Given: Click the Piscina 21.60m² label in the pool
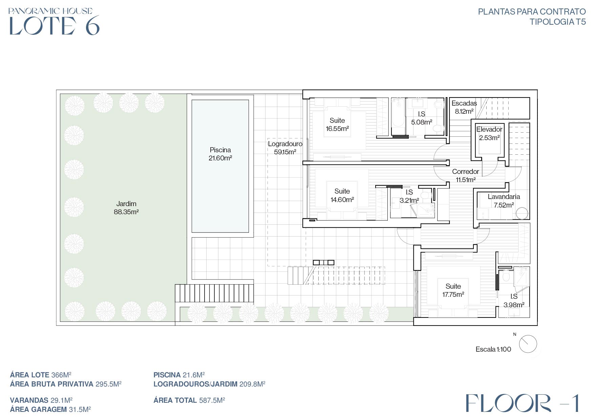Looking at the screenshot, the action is click(x=220, y=154).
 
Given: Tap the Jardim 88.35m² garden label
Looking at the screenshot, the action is click(x=126, y=208).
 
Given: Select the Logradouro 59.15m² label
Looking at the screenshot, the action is click(x=285, y=148).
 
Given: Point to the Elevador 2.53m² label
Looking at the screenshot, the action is click(x=489, y=133).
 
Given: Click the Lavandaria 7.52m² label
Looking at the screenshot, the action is click(x=504, y=201).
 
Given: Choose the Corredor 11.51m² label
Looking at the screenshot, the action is click(x=466, y=176).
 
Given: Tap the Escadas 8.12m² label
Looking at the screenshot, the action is click(x=464, y=107).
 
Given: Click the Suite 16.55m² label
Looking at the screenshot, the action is click(x=337, y=125).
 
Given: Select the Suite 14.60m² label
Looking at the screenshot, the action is click(x=342, y=195).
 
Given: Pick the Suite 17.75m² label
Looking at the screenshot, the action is click(x=453, y=290).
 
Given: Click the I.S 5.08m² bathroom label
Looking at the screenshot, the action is click(x=422, y=118).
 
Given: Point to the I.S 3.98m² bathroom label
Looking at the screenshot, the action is click(x=514, y=301).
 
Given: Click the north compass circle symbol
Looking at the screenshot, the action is click(x=528, y=344).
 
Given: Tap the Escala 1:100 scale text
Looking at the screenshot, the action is click(x=493, y=349).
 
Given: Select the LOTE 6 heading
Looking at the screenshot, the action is click(x=54, y=25).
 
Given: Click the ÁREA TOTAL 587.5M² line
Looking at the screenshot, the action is click(x=189, y=400).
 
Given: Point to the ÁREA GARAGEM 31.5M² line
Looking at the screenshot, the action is click(x=50, y=410).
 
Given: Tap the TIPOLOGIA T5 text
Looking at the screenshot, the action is click(x=558, y=22).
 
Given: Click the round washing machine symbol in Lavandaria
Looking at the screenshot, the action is click(x=522, y=214).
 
